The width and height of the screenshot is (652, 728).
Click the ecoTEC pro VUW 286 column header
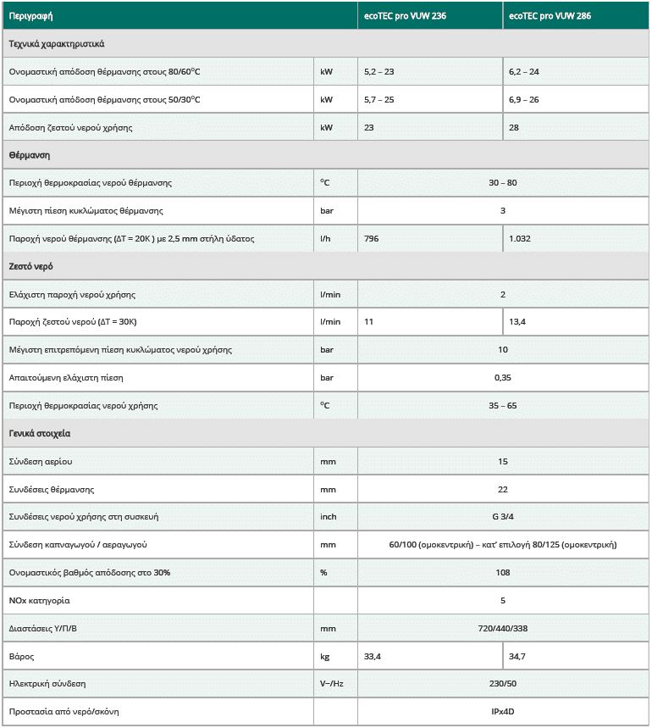click(550, 16)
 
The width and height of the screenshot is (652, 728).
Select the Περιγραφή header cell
click(30, 16)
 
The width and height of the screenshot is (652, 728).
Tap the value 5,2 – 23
click(378, 72)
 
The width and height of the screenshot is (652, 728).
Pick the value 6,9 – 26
click(524, 100)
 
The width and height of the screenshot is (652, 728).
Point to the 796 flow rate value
click(371, 239)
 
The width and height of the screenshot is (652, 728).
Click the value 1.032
click(520, 239)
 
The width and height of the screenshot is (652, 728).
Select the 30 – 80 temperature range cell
click(502, 183)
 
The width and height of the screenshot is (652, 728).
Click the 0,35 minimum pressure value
click(502, 378)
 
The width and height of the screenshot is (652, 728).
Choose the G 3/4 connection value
click(502, 517)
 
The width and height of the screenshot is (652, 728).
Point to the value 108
click(502, 573)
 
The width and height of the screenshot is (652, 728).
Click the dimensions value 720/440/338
click(502, 629)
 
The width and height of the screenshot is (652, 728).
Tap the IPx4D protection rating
click(502, 712)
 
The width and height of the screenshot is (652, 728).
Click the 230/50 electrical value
click(502, 684)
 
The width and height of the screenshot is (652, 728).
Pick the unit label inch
click(329, 517)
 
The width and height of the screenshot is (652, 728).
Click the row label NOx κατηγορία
click(40, 601)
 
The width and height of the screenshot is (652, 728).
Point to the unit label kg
click(325, 657)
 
